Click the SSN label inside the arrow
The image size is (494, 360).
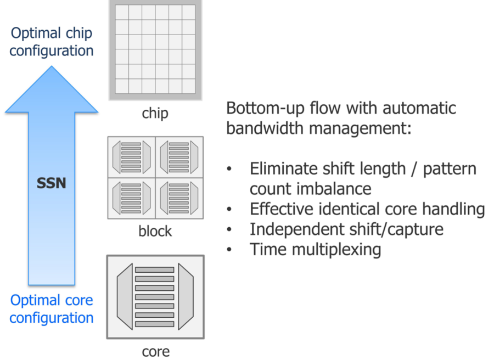(51, 183)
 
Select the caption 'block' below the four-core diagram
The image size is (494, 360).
(155, 231)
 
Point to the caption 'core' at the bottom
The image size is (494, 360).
(155, 351)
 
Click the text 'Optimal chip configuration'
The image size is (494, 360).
(52, 42)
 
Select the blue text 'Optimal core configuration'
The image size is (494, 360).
(52, 309)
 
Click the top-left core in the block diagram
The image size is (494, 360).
(131, 157)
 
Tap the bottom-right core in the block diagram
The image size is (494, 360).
(179, 198)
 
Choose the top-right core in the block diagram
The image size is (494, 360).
(179, 157)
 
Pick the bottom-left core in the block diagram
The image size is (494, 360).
(131, 198)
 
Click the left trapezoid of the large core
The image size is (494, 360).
(125, 297)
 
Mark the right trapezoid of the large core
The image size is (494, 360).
(186, 297)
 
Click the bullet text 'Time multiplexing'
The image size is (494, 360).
(315, 249)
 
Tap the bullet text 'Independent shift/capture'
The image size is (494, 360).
(347, 229)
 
